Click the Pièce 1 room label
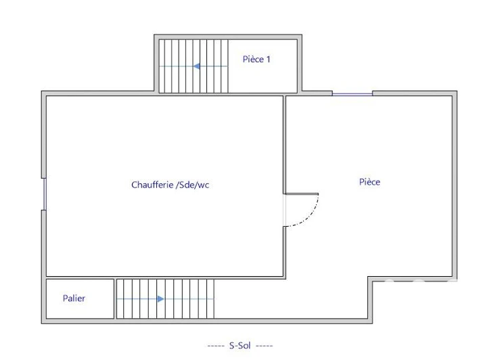point(256,59)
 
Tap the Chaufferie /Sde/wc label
point(171,185)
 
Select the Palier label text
point(74,298)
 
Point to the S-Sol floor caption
point(240,346)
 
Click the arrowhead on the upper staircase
point(196,66)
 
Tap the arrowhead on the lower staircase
point(160,298)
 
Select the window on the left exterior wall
point(44,194)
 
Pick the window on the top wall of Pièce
point(352,93)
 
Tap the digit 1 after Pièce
point(269,60)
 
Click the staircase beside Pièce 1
point(194,66)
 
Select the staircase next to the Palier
point(165,298)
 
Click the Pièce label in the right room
point(369,182)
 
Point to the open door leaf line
point(302,194)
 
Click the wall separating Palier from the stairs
point(115,298)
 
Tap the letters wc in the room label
point(204,185)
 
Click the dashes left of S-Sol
point(216,346)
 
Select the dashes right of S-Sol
point(265,346)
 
